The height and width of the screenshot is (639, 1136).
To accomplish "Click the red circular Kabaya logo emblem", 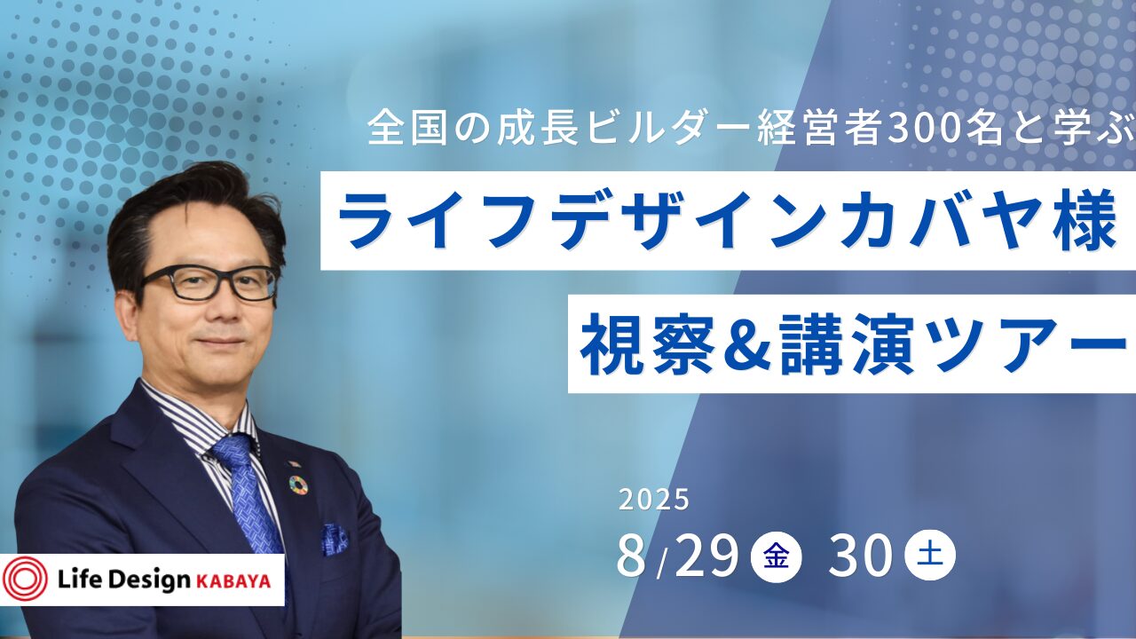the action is [24, 580].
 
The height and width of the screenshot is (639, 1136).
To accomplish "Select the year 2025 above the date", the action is [654, 500].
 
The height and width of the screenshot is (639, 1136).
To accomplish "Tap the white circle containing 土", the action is [930, 555].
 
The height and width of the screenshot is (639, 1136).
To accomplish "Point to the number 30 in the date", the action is [861, 556].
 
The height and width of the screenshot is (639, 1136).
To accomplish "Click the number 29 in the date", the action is [706, 556].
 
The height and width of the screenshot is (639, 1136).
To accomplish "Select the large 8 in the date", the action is [633, 556].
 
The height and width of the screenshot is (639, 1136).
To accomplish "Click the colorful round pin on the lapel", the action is [298, 485].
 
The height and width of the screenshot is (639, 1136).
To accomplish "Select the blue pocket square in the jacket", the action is [335, 540].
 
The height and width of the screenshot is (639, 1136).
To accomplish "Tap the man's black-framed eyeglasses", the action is [209, 284].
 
